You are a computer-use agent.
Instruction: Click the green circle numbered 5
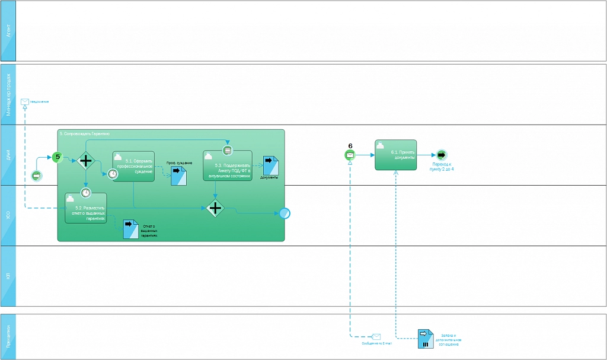click(x=57, y=157)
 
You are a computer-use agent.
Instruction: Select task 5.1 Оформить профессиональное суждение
click(x=133, y=167)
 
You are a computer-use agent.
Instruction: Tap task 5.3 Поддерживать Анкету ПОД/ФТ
click(x=227, y=165)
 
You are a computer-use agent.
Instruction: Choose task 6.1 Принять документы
click(x=395, y=155)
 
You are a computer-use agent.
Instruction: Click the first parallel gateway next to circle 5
click(x=86, y=160)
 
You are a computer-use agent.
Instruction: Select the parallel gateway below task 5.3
click(x=215, y=208)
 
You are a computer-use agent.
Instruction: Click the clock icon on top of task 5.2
click(x=86, y=192)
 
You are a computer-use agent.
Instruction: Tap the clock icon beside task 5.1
click(x=112, y=174)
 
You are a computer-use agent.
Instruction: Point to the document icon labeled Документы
click(x=271, y=165)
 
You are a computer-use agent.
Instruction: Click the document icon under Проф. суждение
click(x=178, y=176)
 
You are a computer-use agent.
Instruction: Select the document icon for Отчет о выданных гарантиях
click(x=130, y=229)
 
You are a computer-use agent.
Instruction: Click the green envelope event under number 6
click(x=350, y=155)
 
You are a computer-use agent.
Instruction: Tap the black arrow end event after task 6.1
click(x=441, y=155)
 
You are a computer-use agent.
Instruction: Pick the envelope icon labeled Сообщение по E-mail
click(x=376, y=337)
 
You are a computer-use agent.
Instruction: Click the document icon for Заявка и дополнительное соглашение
click(x=425, y=339)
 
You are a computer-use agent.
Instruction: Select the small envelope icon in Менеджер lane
click(x=25, y=101)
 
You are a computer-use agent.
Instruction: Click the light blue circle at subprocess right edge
click(x=285, y=214)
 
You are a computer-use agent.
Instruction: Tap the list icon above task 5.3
click(x=227, y=150)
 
